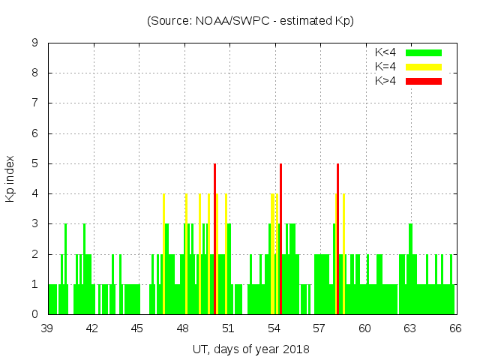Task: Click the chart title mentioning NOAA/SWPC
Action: click(x=250, y=21)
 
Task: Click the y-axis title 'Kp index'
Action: click(x=10, y=179)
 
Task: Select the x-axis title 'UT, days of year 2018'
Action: click(x=250, y=349)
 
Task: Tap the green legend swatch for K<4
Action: click(x=424, y=52)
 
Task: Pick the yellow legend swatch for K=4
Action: click(x=424, y=67)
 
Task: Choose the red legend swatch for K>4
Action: click(x=424, y=80)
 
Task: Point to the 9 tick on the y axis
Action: click(x=35, y=43)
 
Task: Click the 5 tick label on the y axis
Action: click(x=35, y=163)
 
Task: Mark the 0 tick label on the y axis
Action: click(x=35, y=314)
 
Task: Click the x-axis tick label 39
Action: click(x=47, y=328)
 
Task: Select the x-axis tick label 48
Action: click(x=183, y=328)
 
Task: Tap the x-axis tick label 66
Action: click(x=454, y=328)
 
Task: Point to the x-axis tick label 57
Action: click(x=319, y=328)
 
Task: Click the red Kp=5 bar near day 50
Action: click(x=215, y=240)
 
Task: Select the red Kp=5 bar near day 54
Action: click(x=280, y=240)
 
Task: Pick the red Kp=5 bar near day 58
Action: click(x=337, y=240)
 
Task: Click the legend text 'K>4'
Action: click(x=385, y=80)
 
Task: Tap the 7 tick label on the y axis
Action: click(x=35, y=103)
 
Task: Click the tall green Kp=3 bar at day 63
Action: click(x=410, y=255)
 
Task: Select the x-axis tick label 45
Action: click(x=138, y=328)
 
